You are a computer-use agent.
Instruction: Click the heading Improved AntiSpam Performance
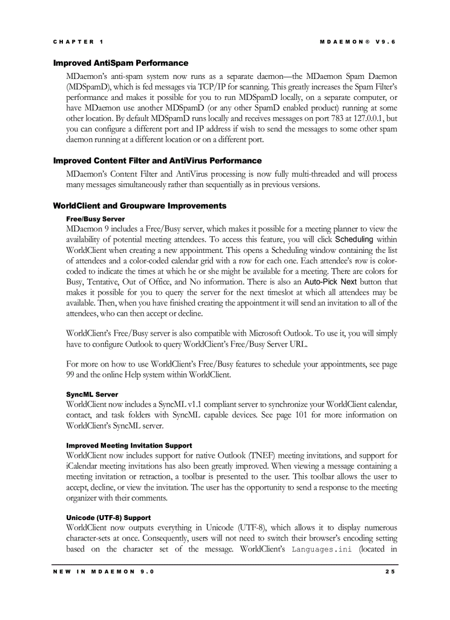(120, 63)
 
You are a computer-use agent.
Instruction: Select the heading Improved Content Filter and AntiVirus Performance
(157, 161)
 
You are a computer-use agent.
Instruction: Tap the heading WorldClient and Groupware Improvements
(140, 206)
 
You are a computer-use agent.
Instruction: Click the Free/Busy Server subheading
(95, 219)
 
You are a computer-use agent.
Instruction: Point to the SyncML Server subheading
(92, 395)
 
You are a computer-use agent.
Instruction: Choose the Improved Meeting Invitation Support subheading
(129, 446)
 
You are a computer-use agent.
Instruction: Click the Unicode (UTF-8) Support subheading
(108, 518)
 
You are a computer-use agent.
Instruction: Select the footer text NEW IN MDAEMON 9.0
(104, 571)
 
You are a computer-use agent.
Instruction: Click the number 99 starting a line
(70, 375)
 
